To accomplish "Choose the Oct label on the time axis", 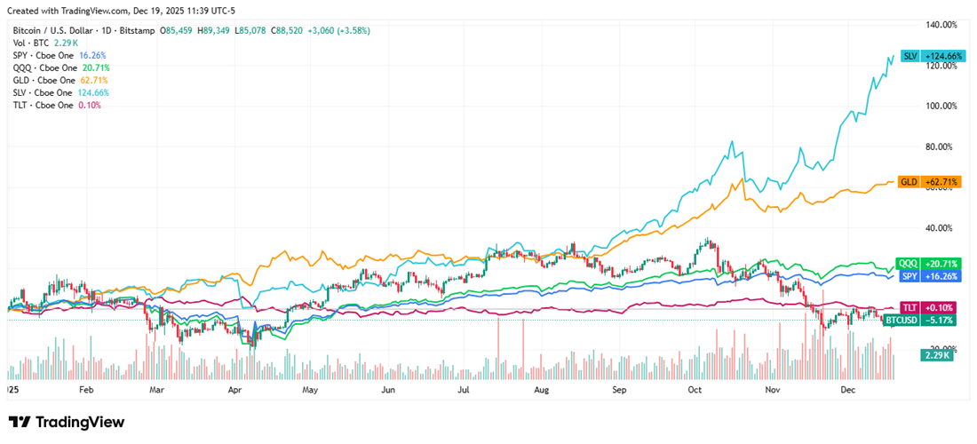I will [695, 390].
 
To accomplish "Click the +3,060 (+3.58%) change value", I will [338, 30].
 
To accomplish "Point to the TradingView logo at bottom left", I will [66, 423].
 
